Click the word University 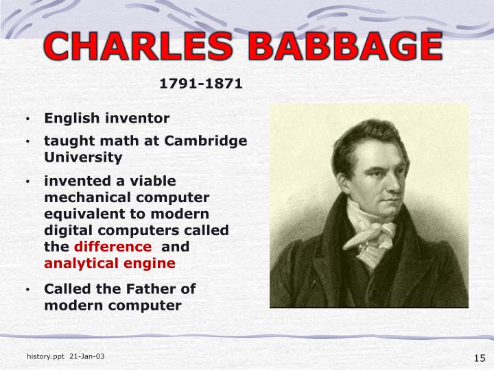(83, 157)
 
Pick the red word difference (113, 247)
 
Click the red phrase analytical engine (110, 263)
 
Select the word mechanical (88, 197)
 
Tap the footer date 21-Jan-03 (87, 357)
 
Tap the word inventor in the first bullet (137, 118)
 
